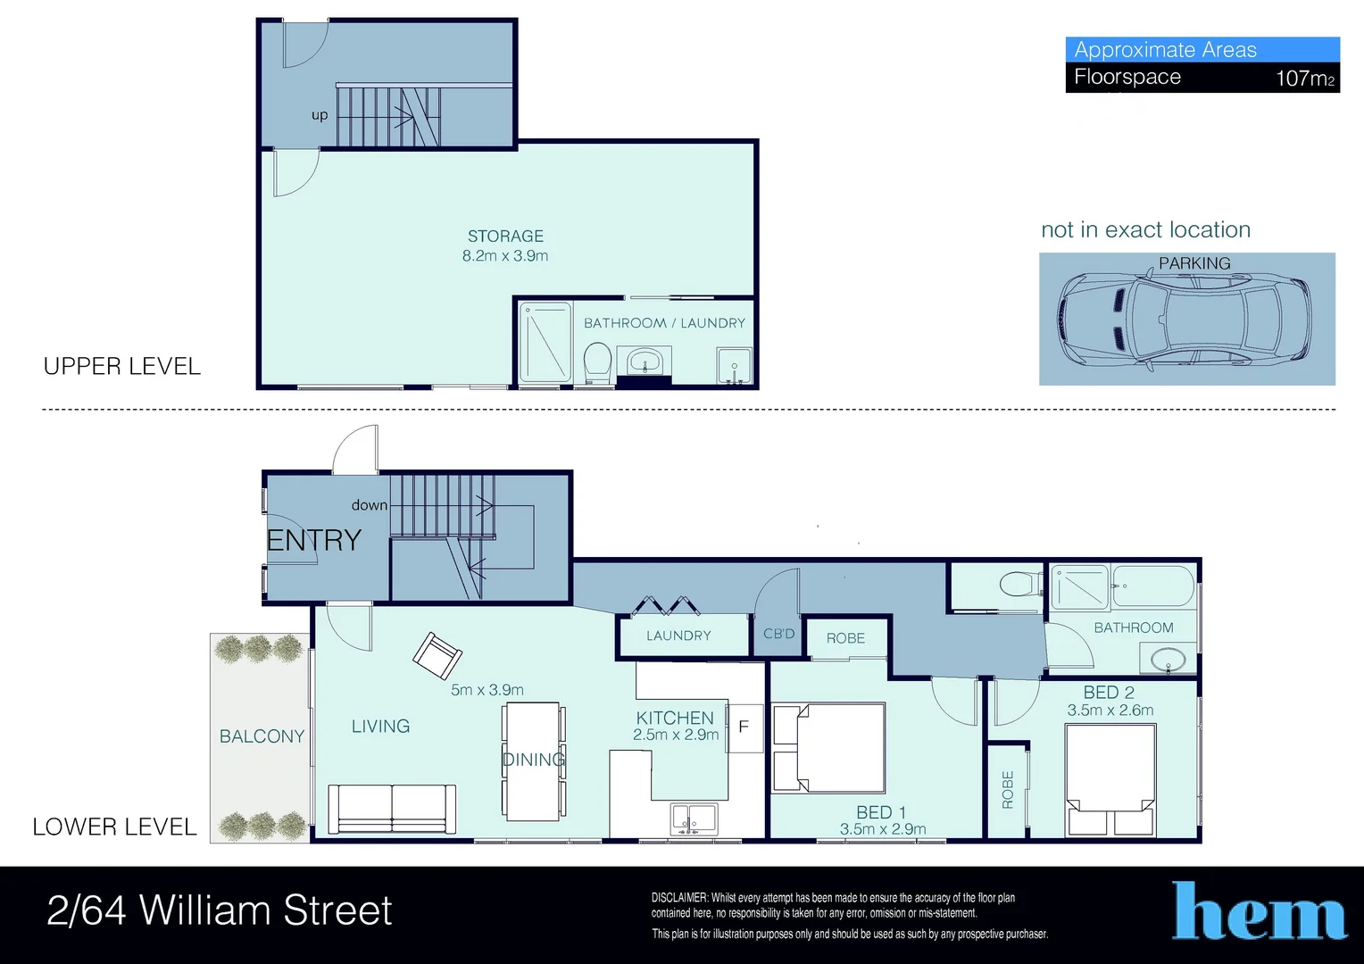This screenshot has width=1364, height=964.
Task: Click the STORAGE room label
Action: click(x=505, y=237)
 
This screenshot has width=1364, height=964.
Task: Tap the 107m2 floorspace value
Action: click(x=1304, y=79)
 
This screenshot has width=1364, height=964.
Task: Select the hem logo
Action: click(x=1259, y=912)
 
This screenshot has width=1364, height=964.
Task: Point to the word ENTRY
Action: click(x=314, y=540)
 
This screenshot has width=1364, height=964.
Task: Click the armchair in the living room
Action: click(x=437, y=656)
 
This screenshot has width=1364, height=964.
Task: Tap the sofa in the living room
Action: click(x=392, y=809)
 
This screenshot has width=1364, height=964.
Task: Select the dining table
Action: click(x=533, y=761)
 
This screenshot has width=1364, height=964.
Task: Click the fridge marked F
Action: click(x=744, y=727)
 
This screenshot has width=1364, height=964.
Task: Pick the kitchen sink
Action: click(x=694, y=819)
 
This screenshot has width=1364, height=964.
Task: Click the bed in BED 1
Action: click(x=829, y=748)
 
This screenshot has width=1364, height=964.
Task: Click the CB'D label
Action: click(x=778, y=634)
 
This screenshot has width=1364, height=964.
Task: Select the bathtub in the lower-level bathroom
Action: click(x=1152, y=586)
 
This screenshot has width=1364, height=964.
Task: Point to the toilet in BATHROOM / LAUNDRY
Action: click(x=596, y=363)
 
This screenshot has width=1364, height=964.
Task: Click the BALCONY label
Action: click(x=262, y=736)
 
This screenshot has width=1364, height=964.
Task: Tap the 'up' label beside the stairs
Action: click(x=320, y=115)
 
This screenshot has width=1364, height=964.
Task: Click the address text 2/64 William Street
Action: click(x=220, y=911)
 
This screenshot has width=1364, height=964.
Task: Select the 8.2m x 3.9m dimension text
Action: click(x=505, y=256)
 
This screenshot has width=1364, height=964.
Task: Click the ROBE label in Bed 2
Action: click(x=1008, y=790)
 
